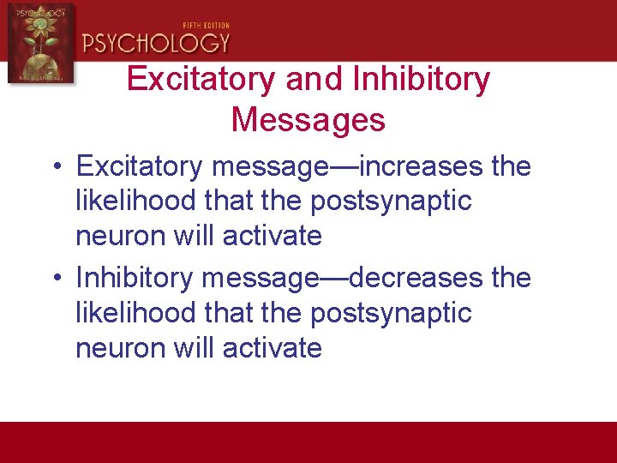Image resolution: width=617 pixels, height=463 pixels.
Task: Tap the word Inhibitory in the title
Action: point(421,80)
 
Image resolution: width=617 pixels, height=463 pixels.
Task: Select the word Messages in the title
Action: point(308,120)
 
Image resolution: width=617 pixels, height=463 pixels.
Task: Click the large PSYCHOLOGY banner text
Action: point(156,43)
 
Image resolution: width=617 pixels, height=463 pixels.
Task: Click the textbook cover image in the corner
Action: point(40,43)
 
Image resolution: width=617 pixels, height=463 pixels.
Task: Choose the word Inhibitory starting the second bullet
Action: point(135,278)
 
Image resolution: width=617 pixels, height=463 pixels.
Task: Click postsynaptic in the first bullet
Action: point(391,201)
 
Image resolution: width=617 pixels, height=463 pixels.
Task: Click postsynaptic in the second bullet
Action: point(391,313)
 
